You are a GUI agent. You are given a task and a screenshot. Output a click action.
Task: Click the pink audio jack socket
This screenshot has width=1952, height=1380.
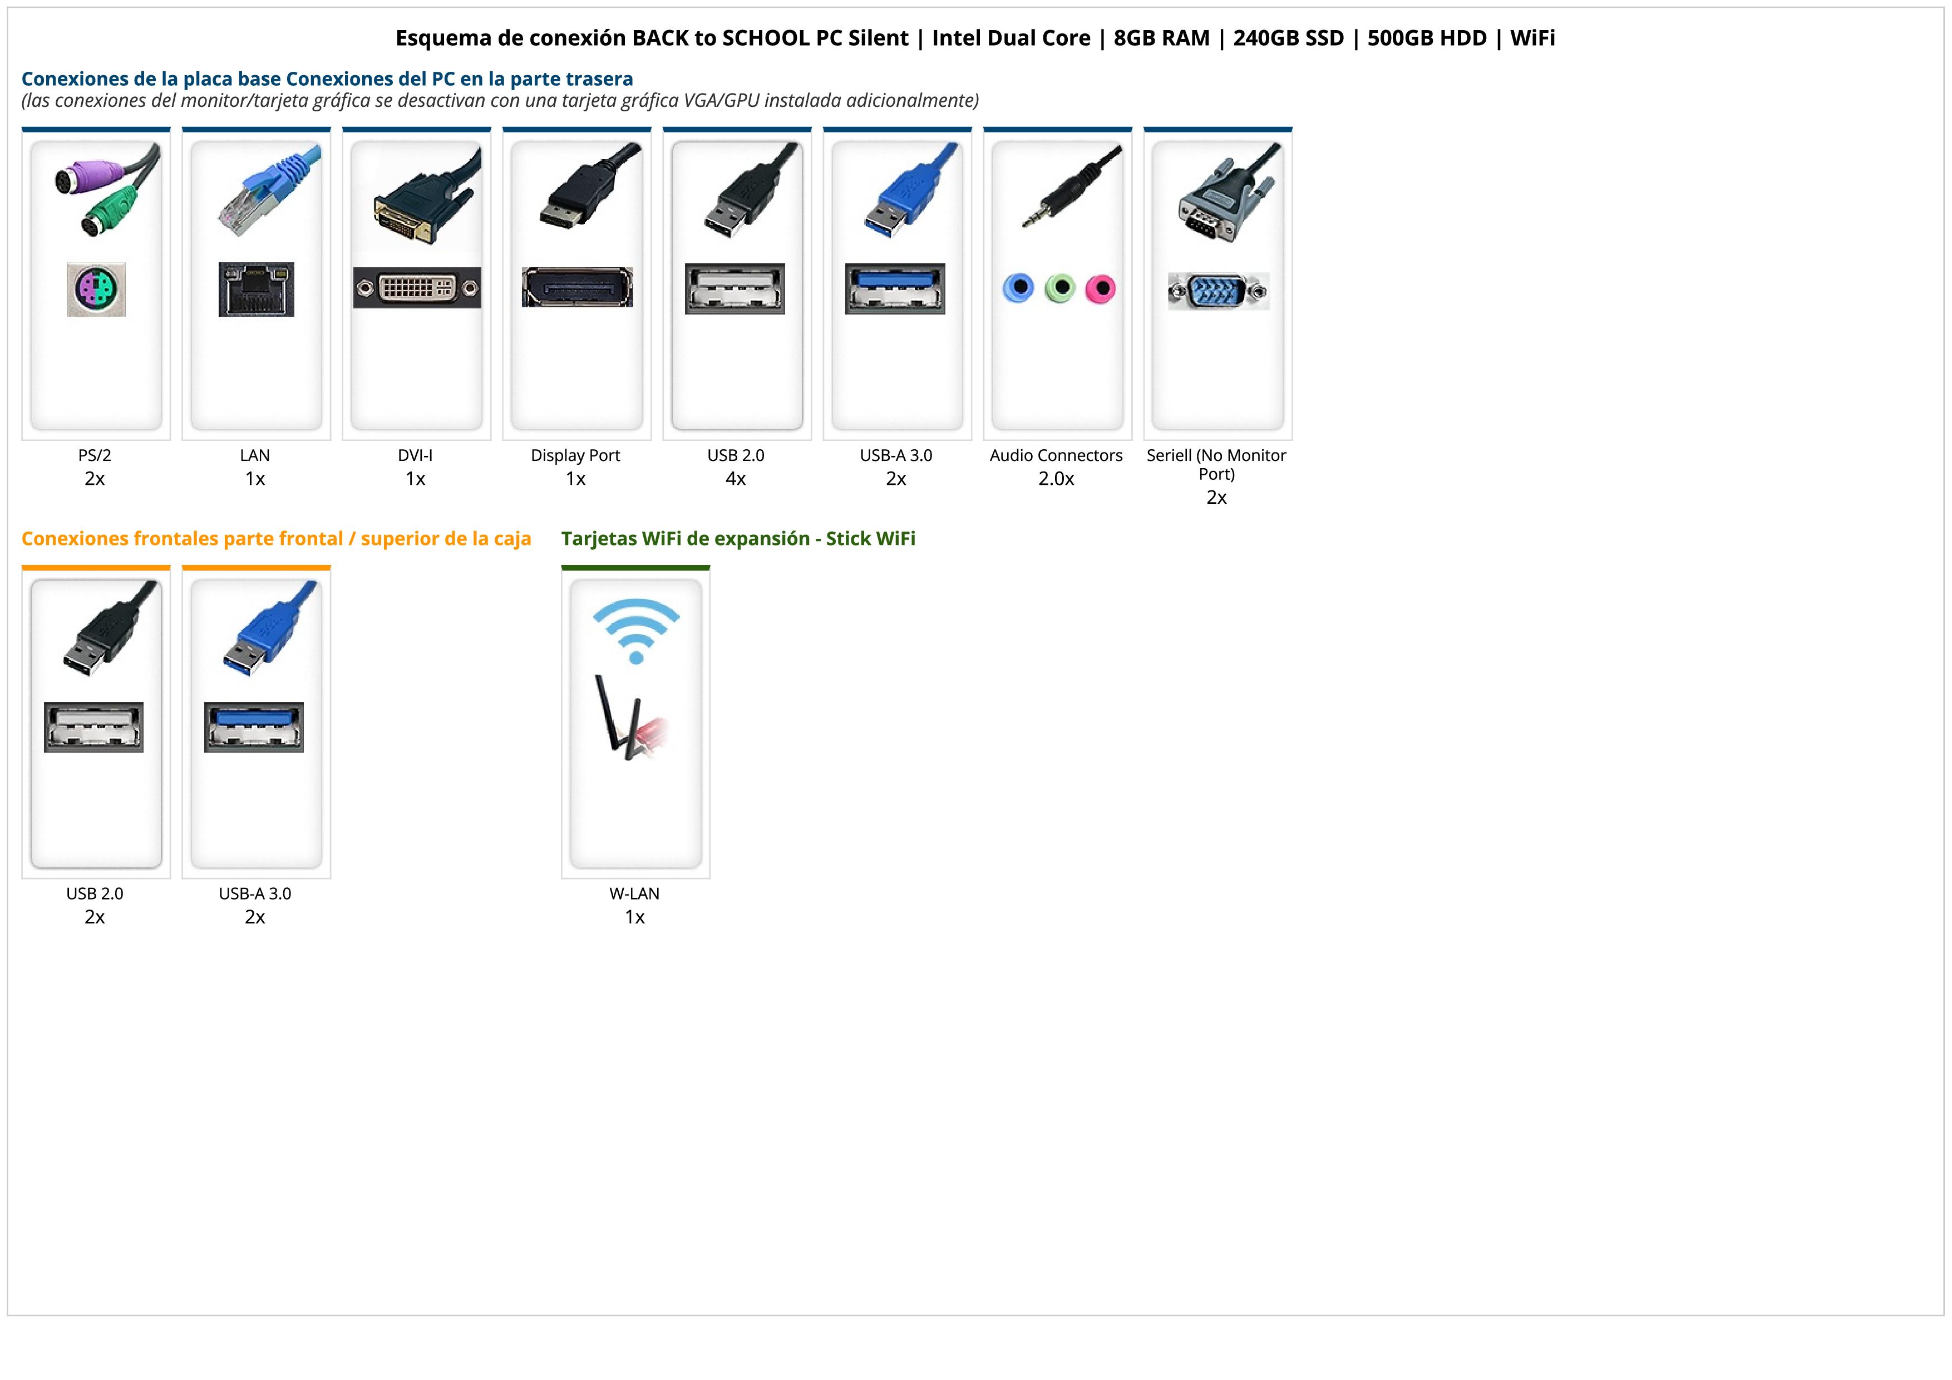(x=1100, y=289)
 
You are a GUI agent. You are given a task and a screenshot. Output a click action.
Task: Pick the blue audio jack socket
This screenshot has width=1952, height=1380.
(x=1018, y=288)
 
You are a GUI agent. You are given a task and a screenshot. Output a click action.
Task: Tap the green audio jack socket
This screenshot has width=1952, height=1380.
(x=1059, y=288)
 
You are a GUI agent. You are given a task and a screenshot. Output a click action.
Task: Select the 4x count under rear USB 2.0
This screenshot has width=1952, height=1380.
(x=736, y=479)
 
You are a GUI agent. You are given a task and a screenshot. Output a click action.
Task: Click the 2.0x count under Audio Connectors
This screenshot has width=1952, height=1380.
(x=1056, y=479)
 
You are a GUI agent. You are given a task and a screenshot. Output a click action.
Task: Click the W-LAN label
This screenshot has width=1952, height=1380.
(x=634, y=893)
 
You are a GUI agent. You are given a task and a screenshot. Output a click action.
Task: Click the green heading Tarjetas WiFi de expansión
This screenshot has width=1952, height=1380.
(x=738, y=538)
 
